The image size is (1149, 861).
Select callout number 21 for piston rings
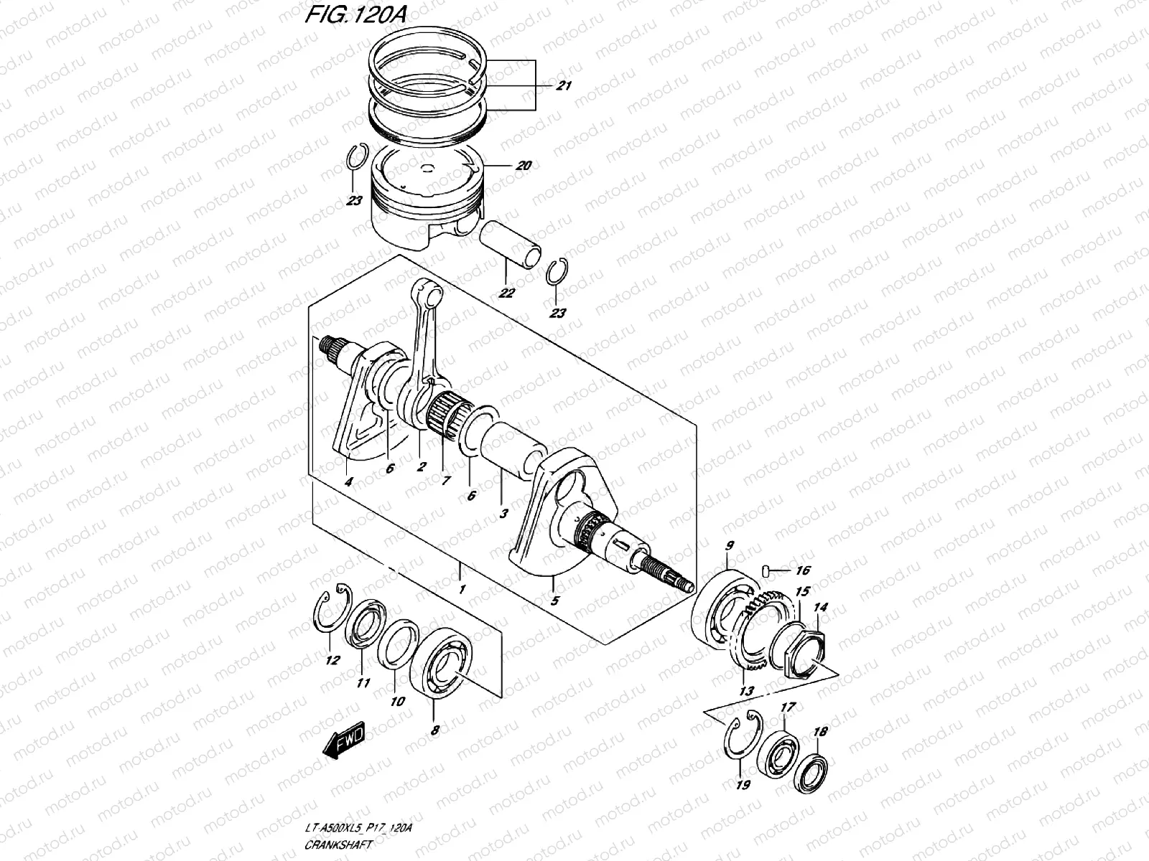click(564, 86)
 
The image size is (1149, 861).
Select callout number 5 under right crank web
click(554, 601)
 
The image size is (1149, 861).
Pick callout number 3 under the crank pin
click(504, 514)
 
